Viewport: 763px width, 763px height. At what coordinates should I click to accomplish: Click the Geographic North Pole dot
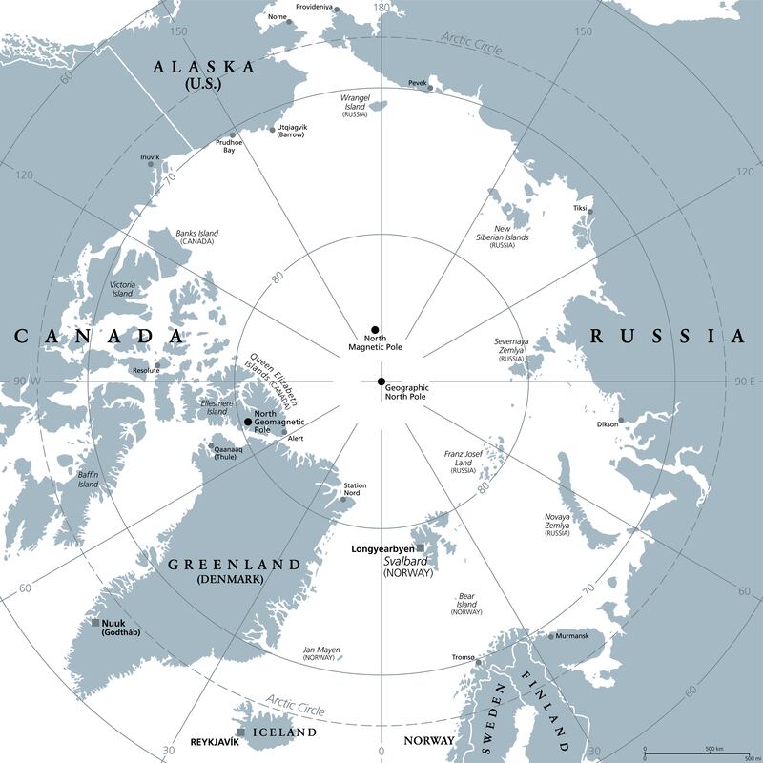(381, 382)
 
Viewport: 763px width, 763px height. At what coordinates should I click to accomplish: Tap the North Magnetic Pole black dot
(376, 329)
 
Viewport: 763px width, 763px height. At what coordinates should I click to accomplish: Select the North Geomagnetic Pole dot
(249, 422)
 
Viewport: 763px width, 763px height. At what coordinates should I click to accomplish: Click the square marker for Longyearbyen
(420, 547)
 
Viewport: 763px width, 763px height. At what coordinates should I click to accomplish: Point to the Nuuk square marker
(95, 623)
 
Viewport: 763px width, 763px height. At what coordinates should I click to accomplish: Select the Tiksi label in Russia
(580, 207)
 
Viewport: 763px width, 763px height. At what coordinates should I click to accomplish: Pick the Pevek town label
(417, 83)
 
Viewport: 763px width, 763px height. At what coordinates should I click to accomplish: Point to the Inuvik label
(150, 156)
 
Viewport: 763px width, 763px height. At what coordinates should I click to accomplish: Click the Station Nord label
(355, 490)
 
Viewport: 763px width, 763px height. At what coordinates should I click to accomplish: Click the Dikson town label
(607, 424)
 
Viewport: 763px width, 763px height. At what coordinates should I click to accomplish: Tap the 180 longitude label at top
(381, 8)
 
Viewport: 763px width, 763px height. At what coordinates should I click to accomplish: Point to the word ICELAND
(282, 732)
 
